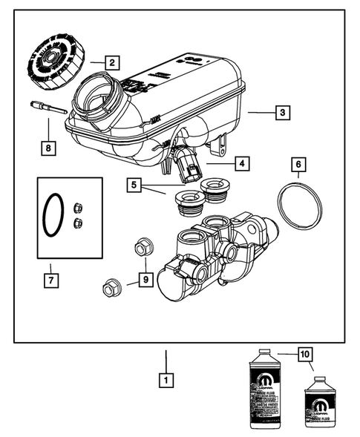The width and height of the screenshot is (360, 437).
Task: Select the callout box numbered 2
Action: coord(111,62)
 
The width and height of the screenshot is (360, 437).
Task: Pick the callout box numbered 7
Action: coord(50,280)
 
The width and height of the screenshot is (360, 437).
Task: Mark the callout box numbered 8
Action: coord(48,148)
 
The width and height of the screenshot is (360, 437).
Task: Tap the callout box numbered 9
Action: coord(145,280)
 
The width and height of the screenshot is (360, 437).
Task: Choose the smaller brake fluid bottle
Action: coord(318,404)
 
